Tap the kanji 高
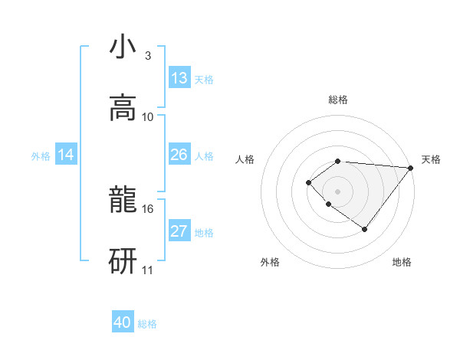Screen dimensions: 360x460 point(123,108)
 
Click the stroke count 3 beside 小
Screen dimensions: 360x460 point(147,56)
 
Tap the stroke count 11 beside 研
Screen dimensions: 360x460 point(148,270)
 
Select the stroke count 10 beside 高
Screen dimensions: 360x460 point(148,117)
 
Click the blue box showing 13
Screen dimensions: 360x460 point(179,78)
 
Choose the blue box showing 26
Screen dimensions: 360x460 point(179,155)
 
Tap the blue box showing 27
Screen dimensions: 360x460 point(179,231)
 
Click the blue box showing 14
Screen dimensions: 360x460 point(66,155)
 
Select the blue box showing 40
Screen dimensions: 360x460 point(123,322)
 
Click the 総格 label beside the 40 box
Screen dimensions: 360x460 point(147,324)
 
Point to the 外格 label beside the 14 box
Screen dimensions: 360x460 point(41,156)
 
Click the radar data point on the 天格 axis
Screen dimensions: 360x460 point(411,168)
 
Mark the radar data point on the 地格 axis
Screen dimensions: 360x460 point(365,229)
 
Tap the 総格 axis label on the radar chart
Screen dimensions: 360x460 point(338,100)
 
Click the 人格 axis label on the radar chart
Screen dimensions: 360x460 point(245,159)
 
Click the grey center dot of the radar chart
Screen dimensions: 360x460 point(337,191)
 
